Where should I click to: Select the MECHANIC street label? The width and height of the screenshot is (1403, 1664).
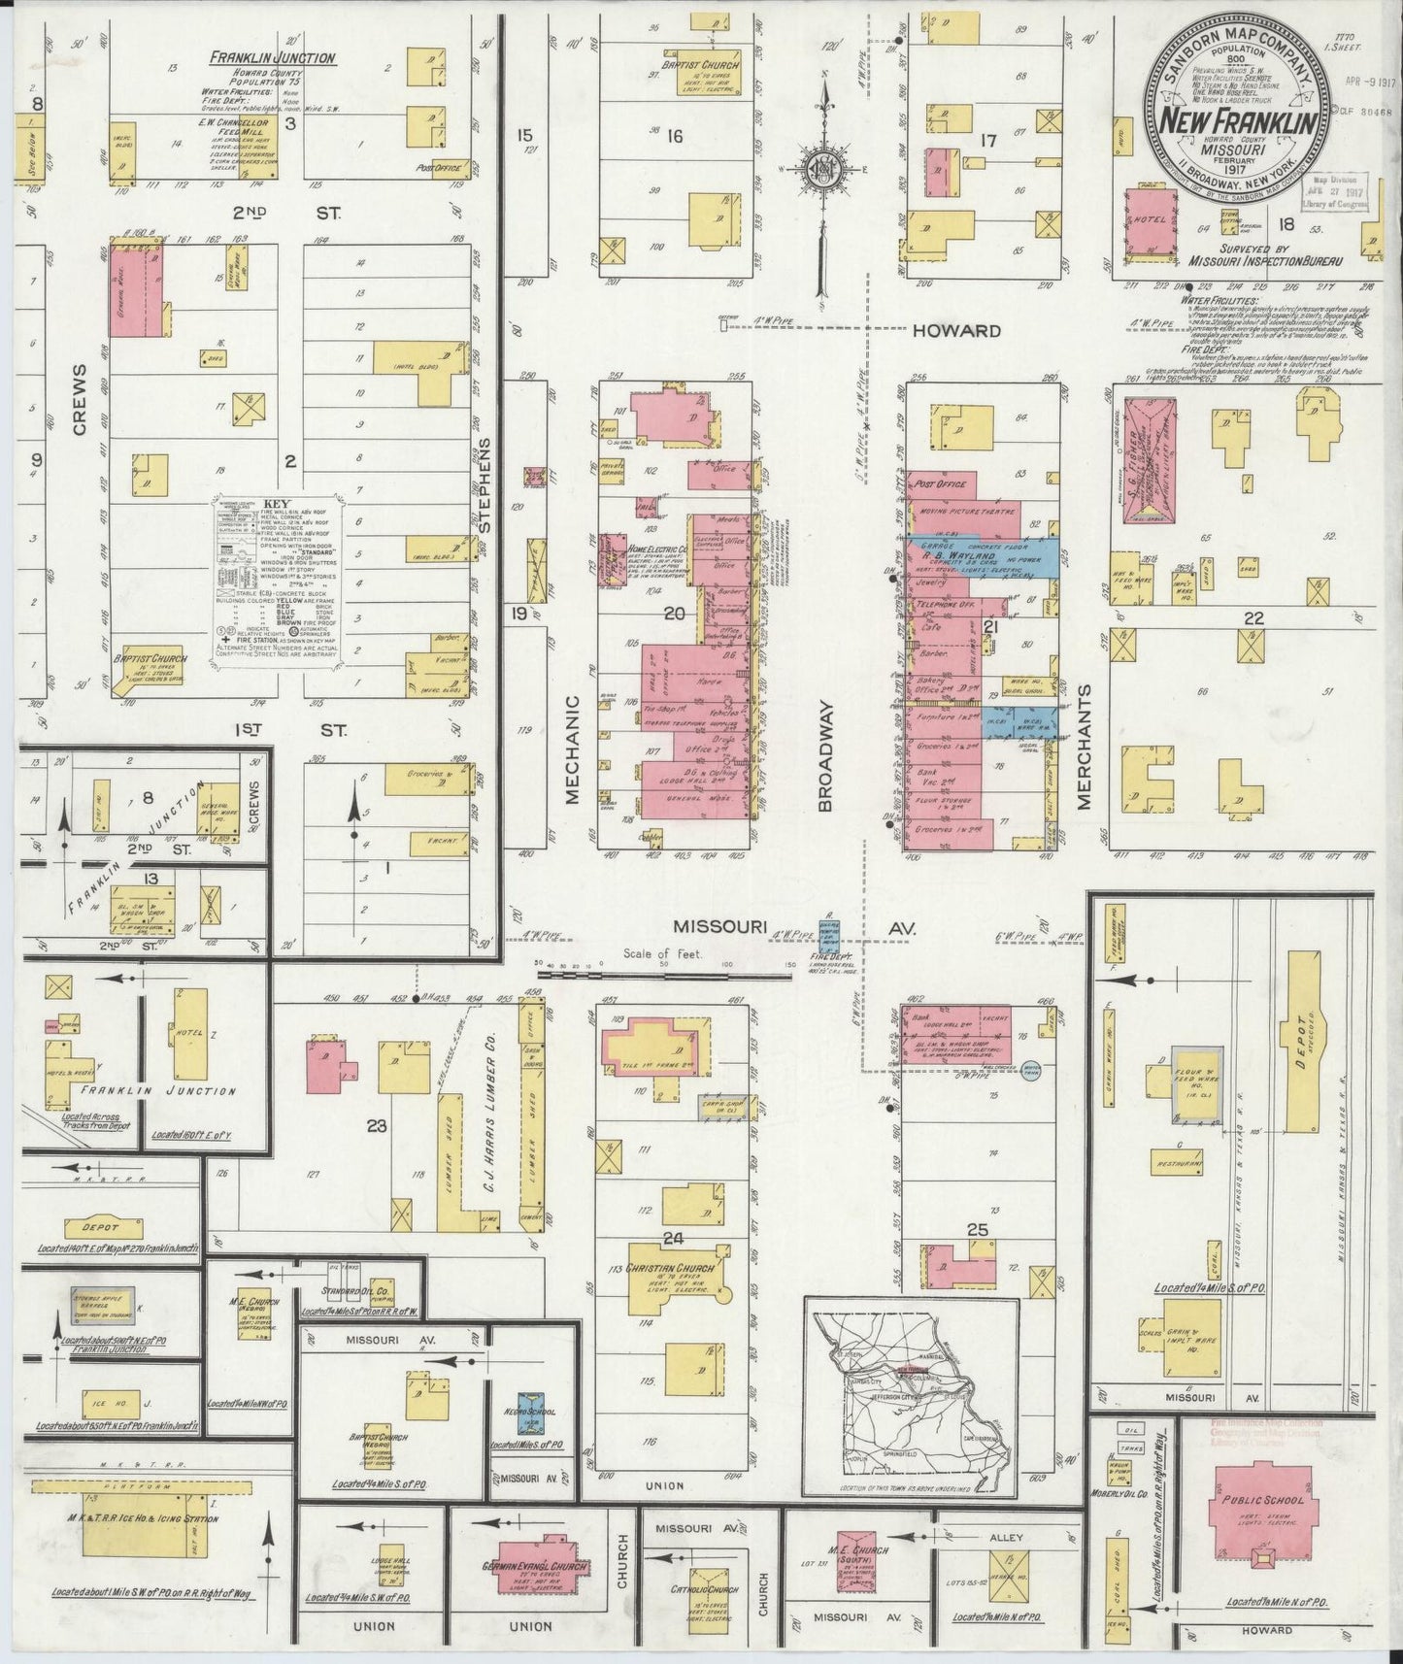(572, 748)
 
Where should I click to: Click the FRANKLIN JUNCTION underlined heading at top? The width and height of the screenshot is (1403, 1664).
(274, 58)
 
